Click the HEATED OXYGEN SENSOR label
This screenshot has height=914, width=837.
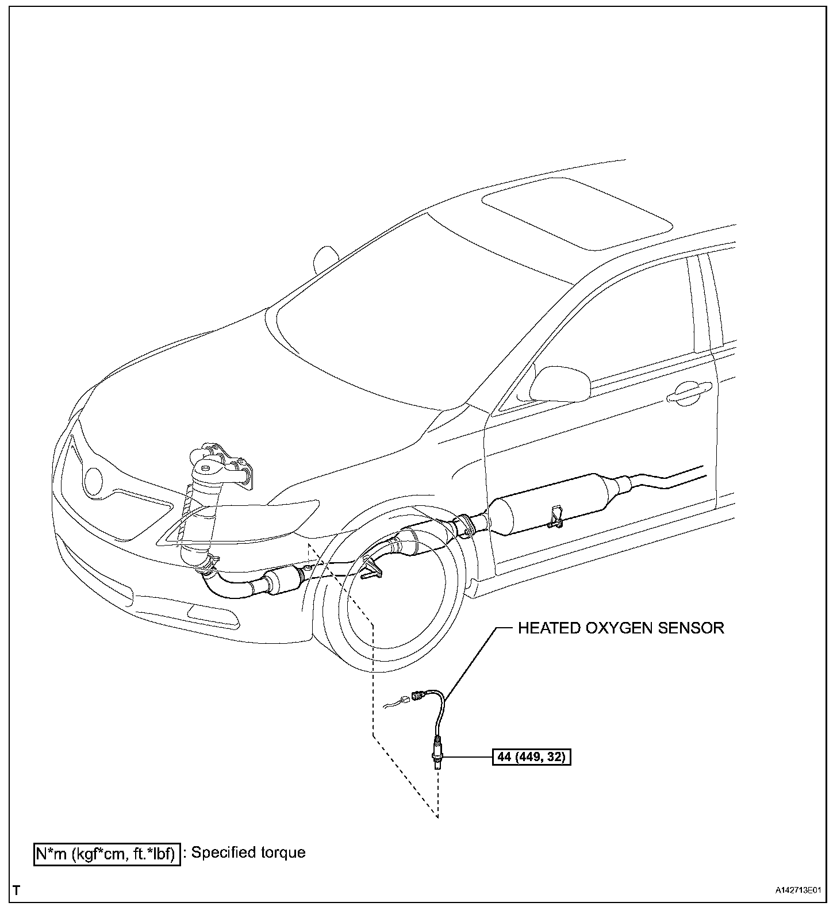point(621,628)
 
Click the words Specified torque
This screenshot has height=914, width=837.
point(248,852)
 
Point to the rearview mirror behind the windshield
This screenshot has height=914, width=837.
point(325,259)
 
